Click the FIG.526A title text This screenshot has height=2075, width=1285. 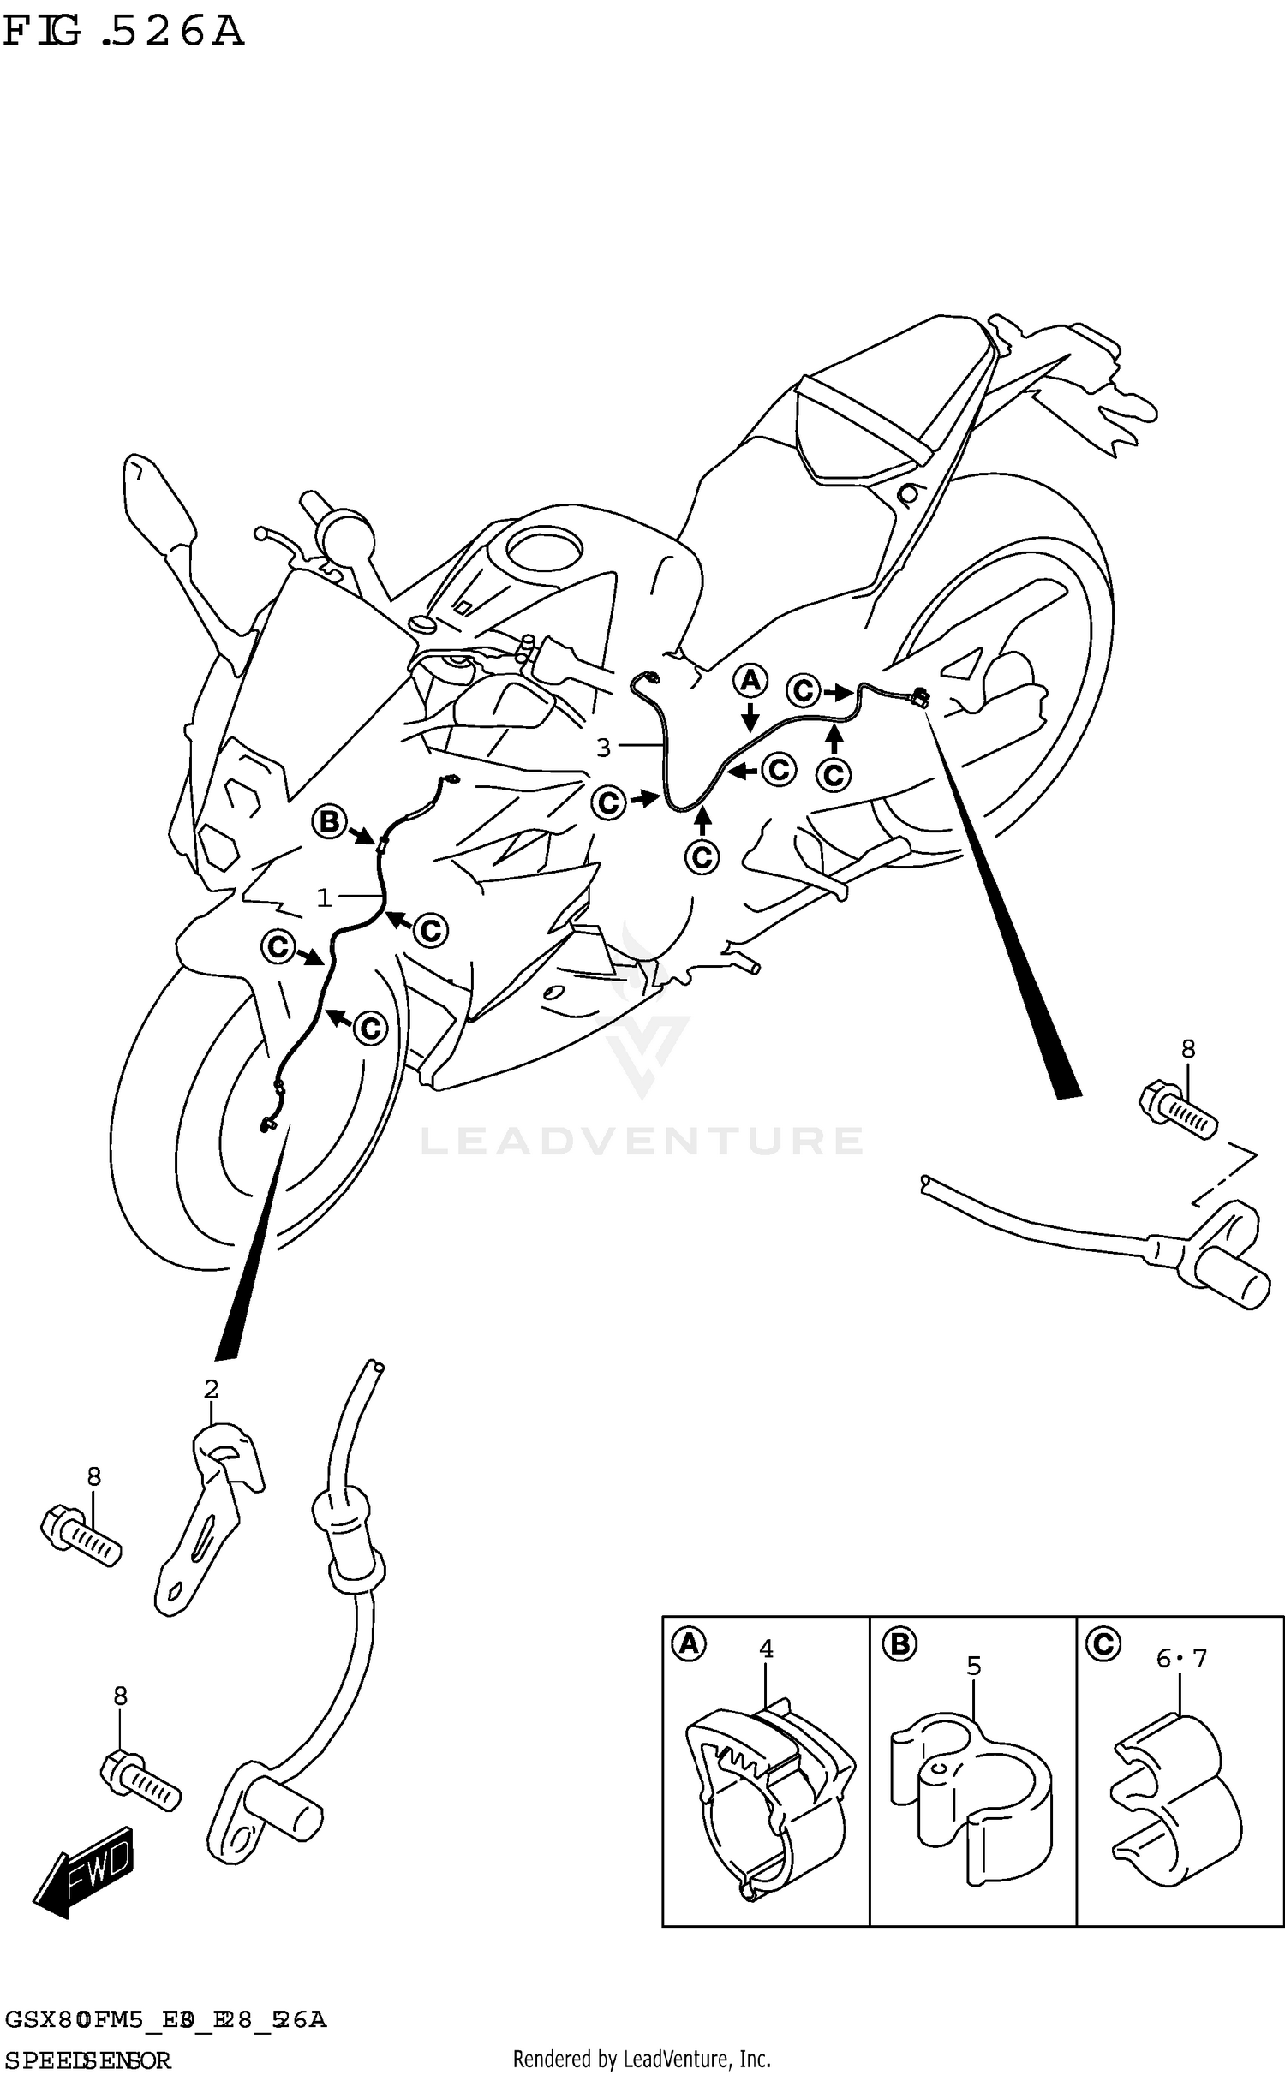click(124, 33)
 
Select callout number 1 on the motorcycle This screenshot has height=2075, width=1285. click(324, 897)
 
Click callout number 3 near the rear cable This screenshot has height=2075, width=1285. click(604, 748)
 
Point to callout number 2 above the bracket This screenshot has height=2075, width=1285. click(211, 1389)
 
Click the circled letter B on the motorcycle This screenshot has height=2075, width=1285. click(329, 823)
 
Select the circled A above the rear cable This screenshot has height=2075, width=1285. click(750, 682)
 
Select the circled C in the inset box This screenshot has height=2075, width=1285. click(1103, 1643)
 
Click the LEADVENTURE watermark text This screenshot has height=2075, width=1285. click(642, 1141)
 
